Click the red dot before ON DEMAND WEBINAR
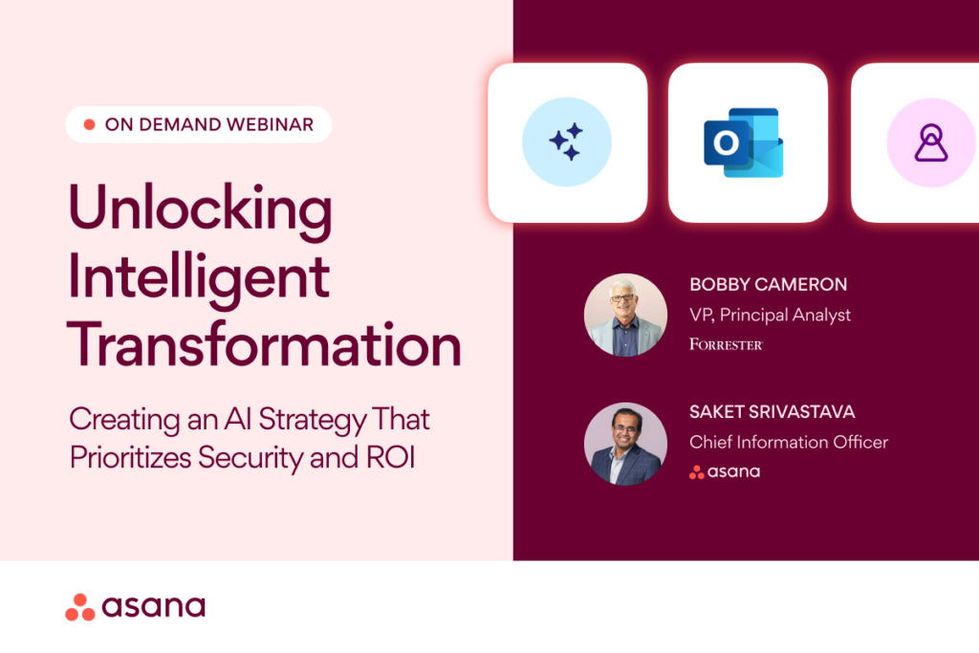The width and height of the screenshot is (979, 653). coord(89,125)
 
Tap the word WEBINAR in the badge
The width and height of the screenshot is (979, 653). coord(270,125)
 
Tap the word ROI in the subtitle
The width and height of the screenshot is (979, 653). coord(391,458)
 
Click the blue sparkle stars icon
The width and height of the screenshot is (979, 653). coord(566,141)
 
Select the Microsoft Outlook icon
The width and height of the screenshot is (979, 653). coord(744,142)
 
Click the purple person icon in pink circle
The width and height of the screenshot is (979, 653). coord(931,142)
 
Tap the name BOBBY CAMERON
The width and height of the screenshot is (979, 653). coord(768,285)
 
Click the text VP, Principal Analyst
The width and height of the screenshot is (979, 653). coord(770,316)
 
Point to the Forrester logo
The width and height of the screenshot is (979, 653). coord(727,344)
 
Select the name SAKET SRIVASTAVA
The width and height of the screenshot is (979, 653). coord(772,412)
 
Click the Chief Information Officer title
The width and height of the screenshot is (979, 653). coord(789,443)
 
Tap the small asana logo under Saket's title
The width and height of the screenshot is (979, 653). coord(725,472)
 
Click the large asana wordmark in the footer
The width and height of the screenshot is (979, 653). coord(153,607)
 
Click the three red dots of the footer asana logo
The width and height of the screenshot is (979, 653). coord(80,607)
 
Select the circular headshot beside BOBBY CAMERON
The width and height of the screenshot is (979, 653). coord(625,316)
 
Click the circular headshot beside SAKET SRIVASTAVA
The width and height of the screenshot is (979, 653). coord(625,444)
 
